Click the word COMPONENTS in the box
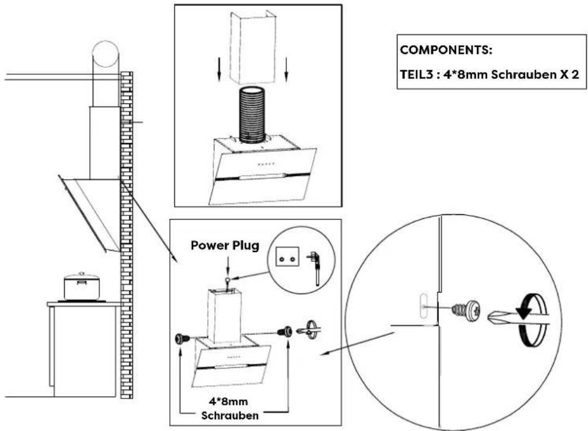446,50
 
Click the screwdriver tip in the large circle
499,316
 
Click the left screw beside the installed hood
181,338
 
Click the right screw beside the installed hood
286,331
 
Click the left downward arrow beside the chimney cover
219,69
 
